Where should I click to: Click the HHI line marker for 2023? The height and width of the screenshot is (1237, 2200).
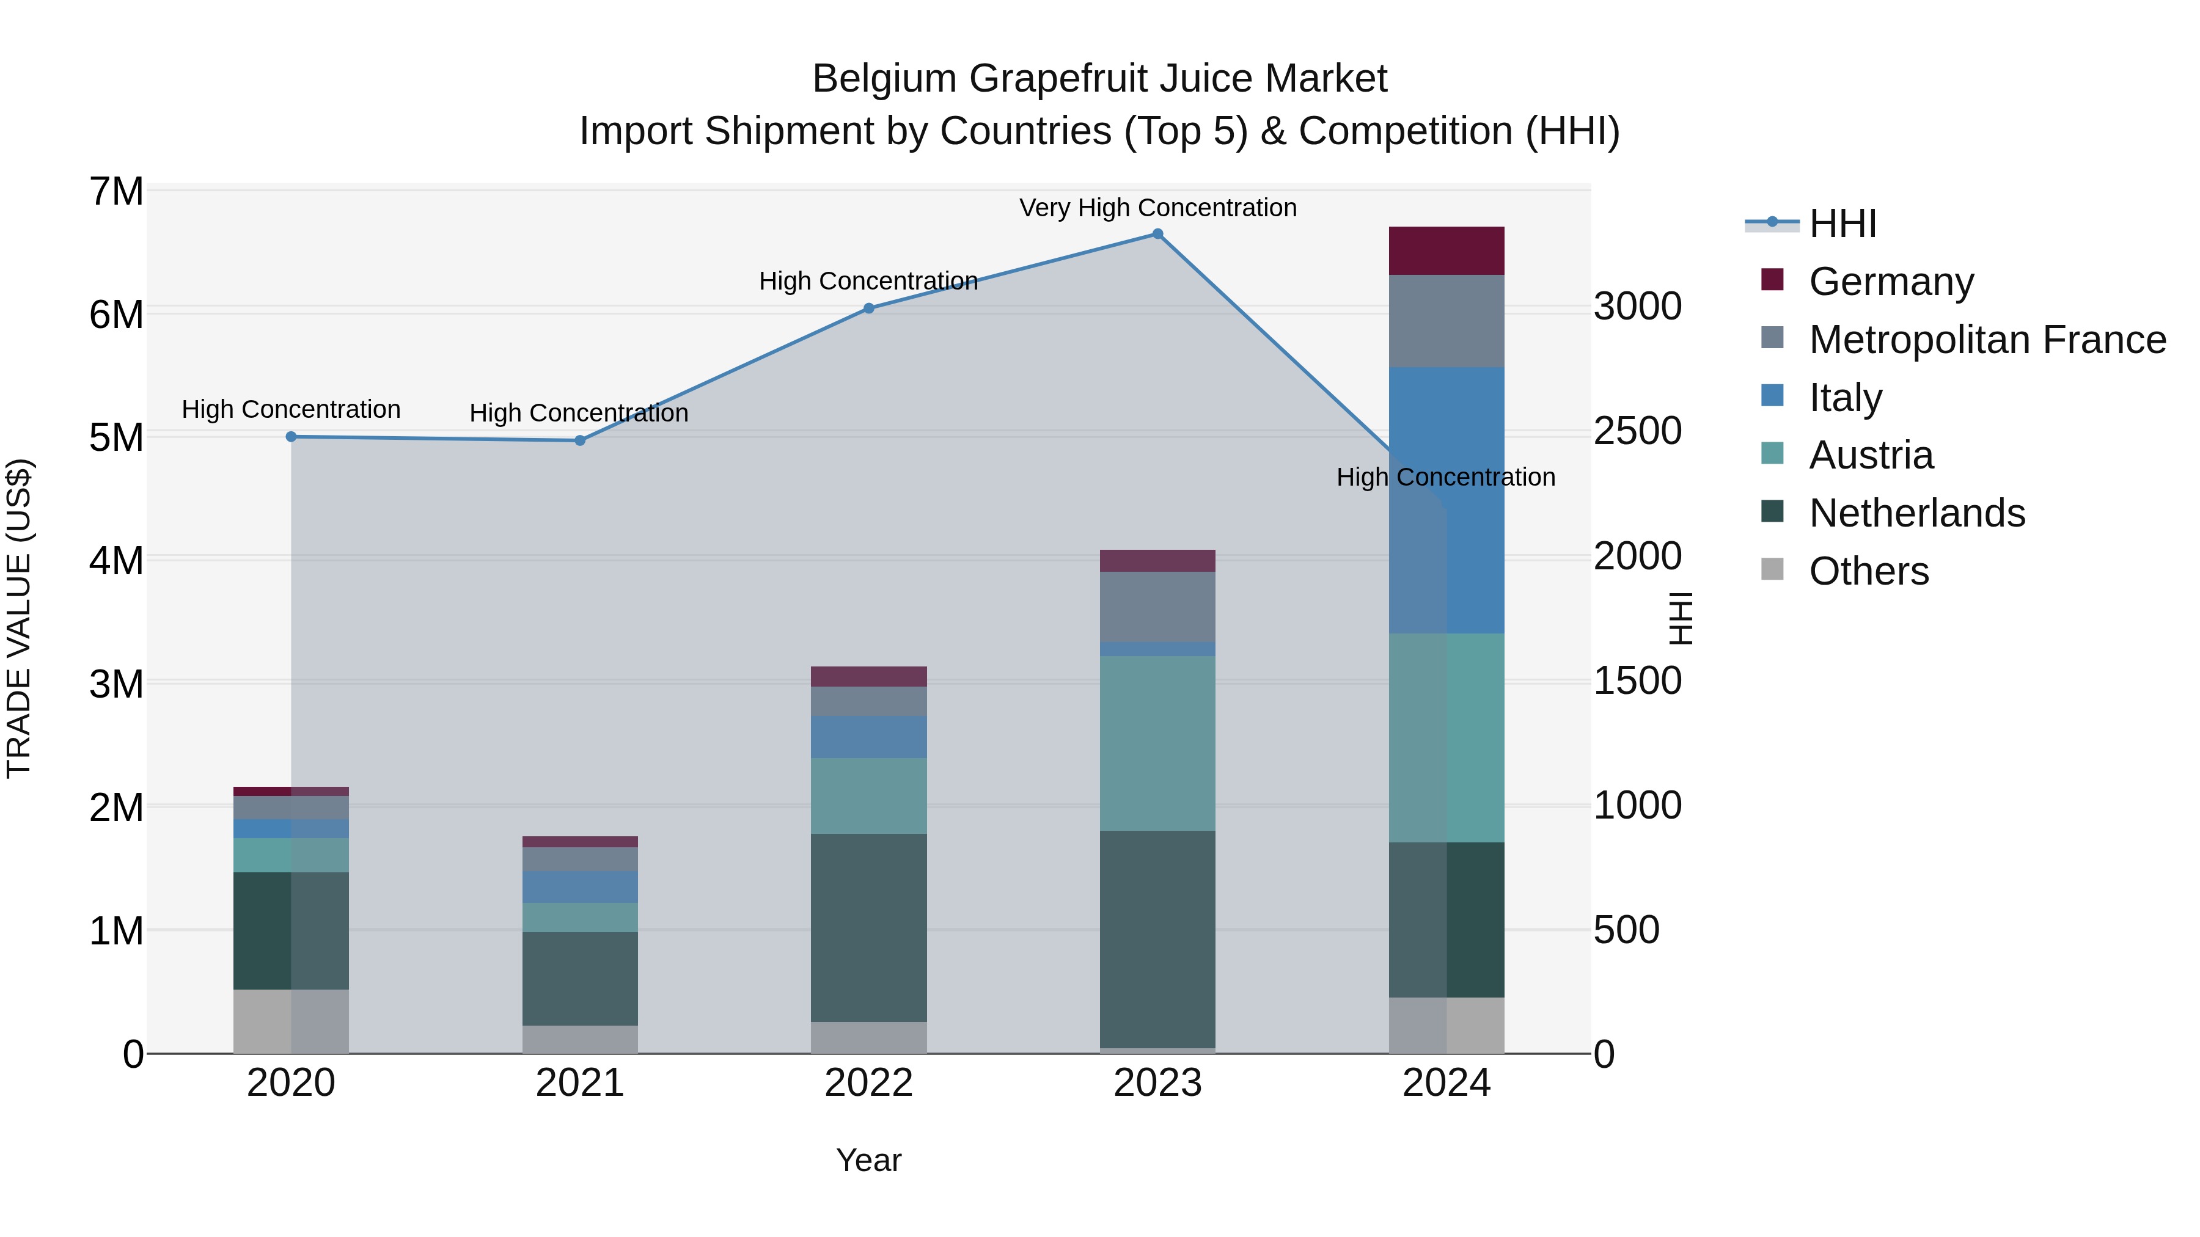pos(1157,234)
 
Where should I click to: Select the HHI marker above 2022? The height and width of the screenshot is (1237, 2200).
pos(868,308)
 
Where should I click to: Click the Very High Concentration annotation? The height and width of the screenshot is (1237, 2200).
pos(1157,208)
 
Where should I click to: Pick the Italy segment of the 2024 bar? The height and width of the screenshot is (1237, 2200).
pos(1447,500)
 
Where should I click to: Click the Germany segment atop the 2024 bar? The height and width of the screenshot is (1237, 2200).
pos(1447,251)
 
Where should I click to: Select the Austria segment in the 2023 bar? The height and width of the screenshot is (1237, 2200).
pos(1157,743)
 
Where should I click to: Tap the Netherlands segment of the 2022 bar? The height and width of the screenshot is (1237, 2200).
pos(868,927)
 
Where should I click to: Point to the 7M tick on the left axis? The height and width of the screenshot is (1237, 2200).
pos(116,191)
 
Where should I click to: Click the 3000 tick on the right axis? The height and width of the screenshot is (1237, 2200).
pos(1637,307)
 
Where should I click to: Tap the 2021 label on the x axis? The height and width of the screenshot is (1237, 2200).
pos(580,1083)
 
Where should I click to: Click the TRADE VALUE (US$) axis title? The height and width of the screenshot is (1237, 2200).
pos(20,618)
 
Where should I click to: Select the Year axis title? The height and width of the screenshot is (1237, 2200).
pos(868,1160)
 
